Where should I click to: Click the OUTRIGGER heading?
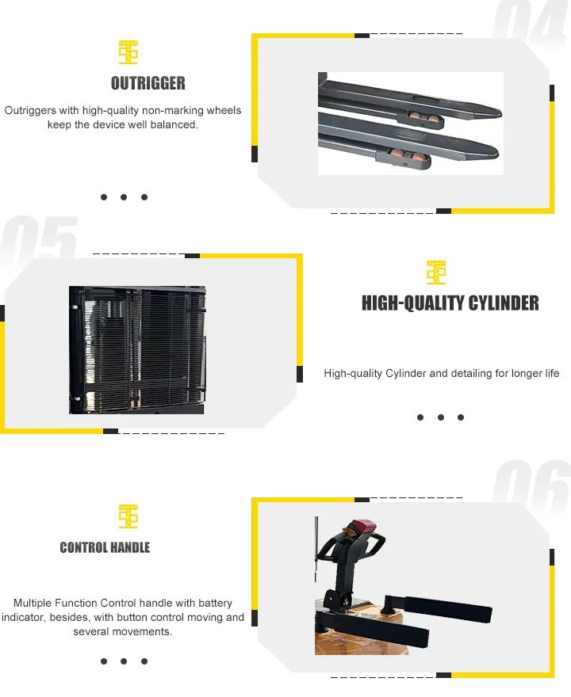pyautogui.click(x=148, y=83)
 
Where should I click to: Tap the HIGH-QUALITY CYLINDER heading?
pyautogui.click(x=450, y=303)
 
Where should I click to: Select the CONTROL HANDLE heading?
pyautogui.click(x=105, y=547)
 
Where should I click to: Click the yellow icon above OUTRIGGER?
pyautogui.click(x=128, y=52)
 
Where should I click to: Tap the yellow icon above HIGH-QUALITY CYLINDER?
pyautogui.click(x=436, y=272)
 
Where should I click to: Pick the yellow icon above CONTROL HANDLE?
pyautogui.click(x=128, y=516)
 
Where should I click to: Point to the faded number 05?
pyautogui.click(x=40, y=242)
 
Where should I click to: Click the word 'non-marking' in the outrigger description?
pyautogui.click(x=172, y=111)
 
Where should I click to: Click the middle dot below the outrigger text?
pyautogui.click(x=124, y=197)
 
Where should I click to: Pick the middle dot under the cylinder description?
pyautogui.click(x=440, y=417)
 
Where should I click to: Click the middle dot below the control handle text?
pyautogui.click(x=124, y=661)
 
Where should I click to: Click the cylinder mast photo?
pyautogui.click(x=136, y=349)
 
